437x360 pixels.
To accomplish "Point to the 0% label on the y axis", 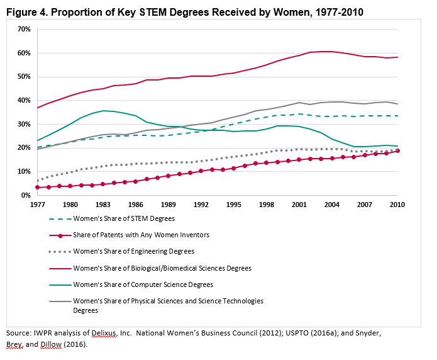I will click(x=25, y=195).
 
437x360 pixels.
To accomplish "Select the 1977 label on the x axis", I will click(x=37, y=205).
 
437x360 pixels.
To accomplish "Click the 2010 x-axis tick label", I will click(x=397, y=205).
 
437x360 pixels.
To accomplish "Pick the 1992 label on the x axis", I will click(x=201, y=205).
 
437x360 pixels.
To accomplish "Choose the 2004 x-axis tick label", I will click(x=331, y=205).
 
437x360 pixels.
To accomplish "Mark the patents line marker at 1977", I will click(x=37, y=188).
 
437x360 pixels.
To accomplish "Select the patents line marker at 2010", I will click(x=397, y=151).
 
